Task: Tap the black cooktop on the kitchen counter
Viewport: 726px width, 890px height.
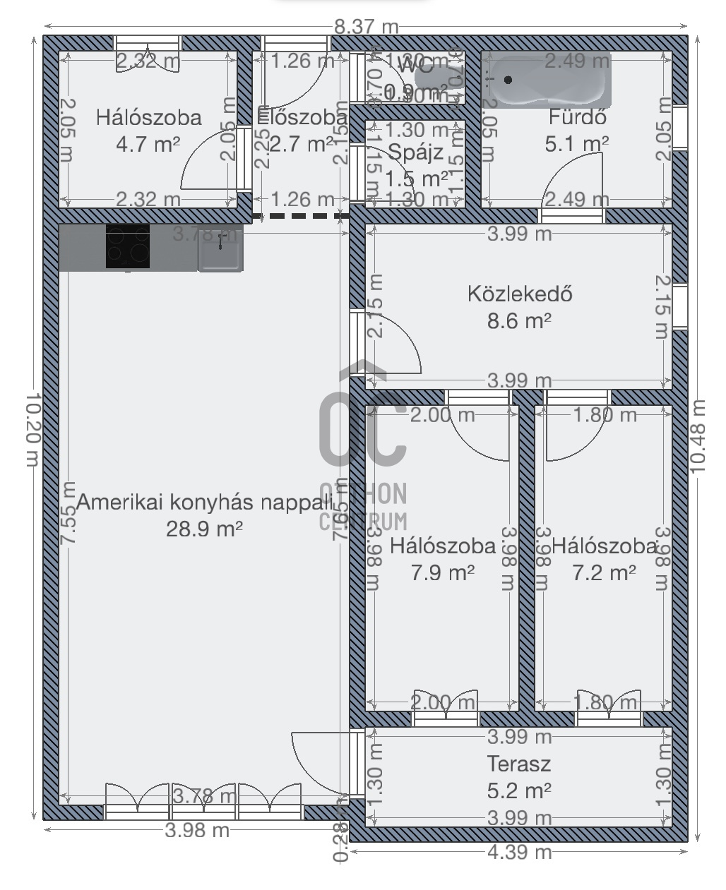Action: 128,246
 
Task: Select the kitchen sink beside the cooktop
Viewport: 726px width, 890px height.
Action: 220,248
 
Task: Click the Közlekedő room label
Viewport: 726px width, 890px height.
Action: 519,293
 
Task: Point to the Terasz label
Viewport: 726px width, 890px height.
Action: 518,764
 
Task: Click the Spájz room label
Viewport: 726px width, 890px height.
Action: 416,152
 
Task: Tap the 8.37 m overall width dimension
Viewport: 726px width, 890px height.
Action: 366,27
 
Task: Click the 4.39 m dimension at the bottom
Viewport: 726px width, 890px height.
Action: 519,852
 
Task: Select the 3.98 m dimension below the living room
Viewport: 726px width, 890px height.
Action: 197,830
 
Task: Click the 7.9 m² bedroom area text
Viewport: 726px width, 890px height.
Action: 442,572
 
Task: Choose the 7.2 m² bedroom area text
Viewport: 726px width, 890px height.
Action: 603,572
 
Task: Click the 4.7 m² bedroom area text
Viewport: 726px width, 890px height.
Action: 148,144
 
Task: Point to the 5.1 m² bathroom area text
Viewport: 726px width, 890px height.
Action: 577,144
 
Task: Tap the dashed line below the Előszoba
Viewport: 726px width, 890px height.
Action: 301,216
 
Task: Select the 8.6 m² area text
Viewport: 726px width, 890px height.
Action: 519,321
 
